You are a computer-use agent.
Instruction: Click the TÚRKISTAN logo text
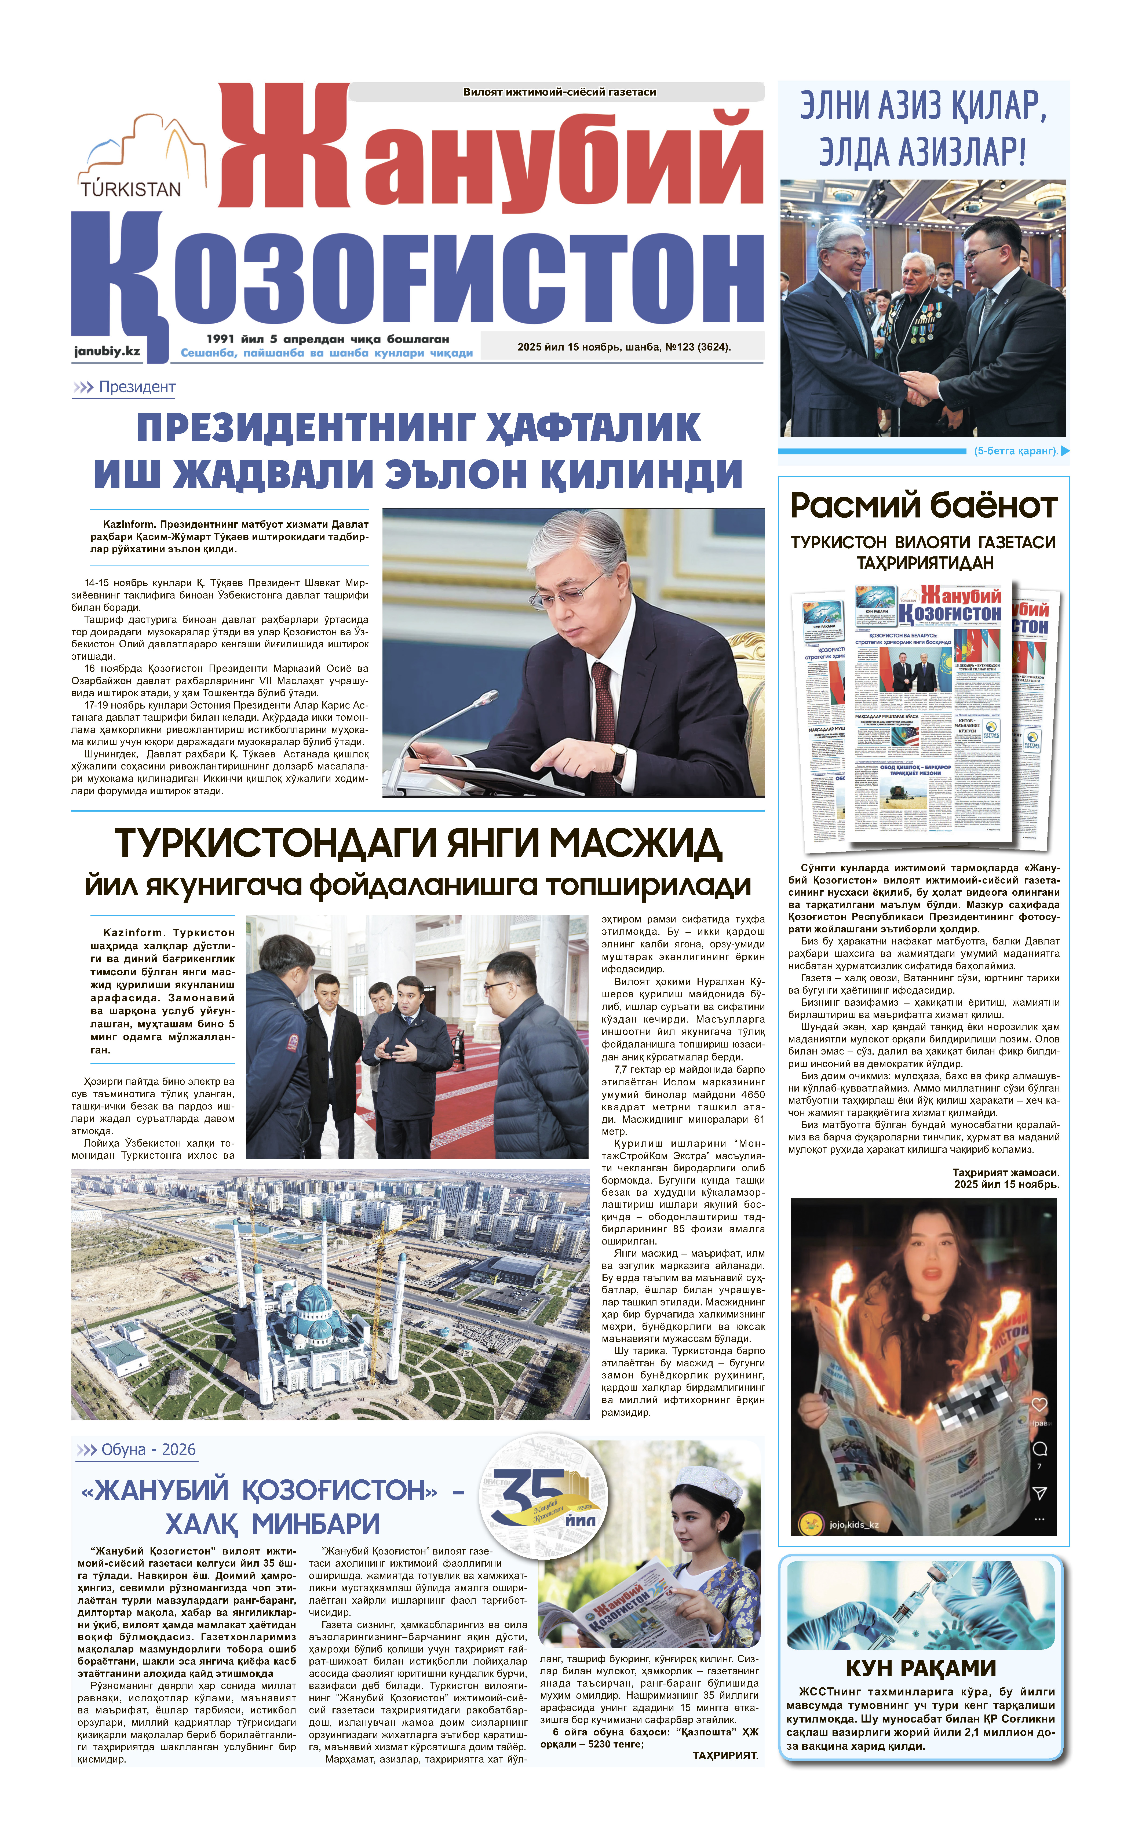(x=131, y=189)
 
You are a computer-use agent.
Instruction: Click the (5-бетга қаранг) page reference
(x=1016, y=451)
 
